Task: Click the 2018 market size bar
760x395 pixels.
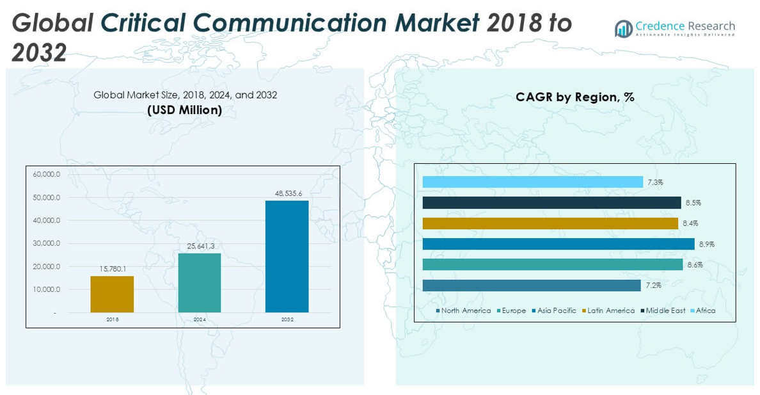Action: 112,294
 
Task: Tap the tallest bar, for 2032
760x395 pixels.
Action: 287,256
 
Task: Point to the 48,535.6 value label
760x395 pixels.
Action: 287,193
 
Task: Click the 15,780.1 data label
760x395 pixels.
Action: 113,268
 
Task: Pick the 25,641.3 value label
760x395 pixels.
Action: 199,246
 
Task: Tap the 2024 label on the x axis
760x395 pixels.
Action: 199,319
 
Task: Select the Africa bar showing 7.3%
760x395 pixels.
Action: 532,182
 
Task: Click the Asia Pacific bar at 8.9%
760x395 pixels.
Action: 558,244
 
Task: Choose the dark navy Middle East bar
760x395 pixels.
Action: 551,203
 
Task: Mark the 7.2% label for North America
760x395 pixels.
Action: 653,286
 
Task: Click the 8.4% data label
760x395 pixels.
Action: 690,223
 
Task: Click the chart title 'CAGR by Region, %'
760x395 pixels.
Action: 574,97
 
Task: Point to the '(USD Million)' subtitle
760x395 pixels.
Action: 185,110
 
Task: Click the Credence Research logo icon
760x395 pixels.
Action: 623,28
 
